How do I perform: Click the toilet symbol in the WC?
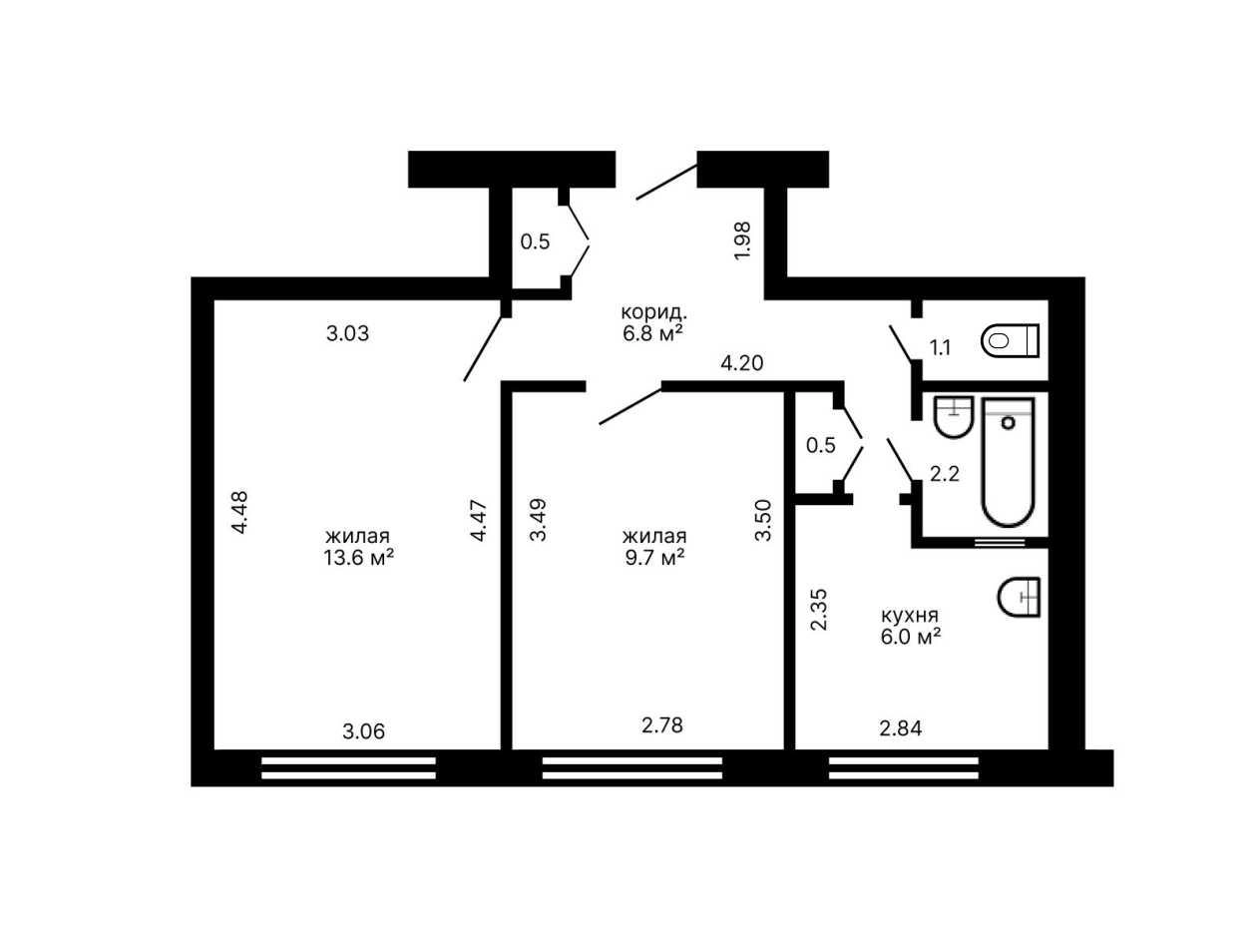click(1010, 340)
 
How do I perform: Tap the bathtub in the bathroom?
click(1008, 462)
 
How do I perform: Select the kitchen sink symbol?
click(1019, 597)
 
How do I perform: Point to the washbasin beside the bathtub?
click(953, 417)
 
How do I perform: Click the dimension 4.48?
click(238, 512)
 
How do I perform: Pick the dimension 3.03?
click(347, 333)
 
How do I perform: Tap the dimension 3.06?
click(364, 731)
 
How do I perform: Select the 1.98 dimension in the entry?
click(742, 240)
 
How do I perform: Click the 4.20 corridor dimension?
click(741, 363)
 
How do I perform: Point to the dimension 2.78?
click(662, 725)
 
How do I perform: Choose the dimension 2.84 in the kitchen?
click(900, 727)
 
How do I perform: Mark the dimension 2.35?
click(819, 610)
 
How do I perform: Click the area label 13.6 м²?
click(358, 557)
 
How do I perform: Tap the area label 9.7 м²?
click(654, 557)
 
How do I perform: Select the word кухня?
click(910, 616)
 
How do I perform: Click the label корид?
click(654, 312)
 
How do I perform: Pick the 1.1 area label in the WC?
click(940, 347)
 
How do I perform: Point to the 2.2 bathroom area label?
click(945, 474)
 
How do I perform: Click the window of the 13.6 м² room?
click(348, 768)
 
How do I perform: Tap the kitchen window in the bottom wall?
click(903, 768)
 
